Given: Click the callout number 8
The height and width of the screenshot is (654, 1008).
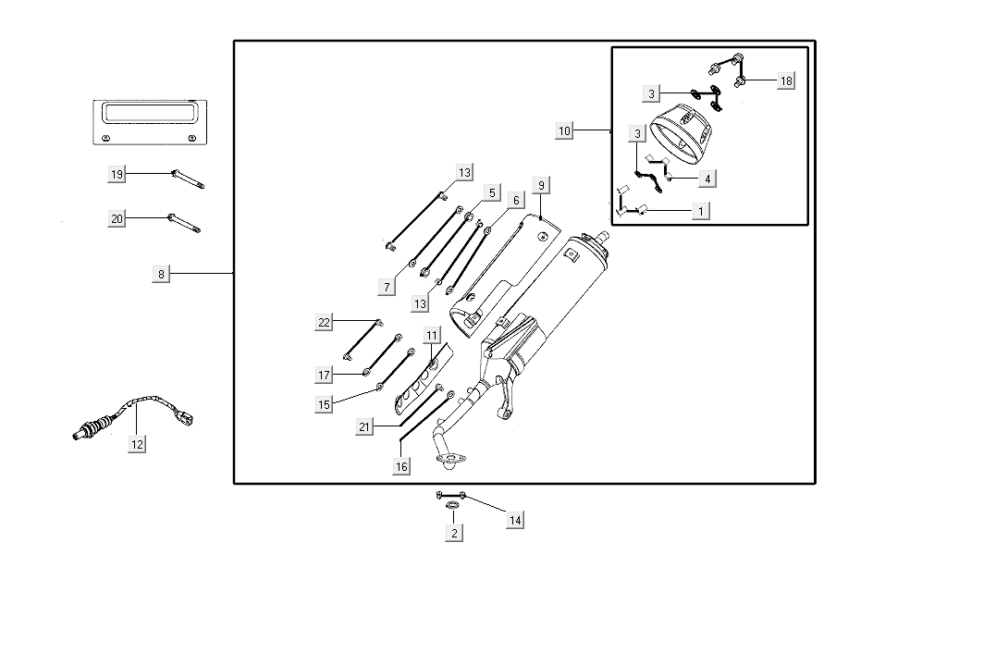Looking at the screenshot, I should (161, 274).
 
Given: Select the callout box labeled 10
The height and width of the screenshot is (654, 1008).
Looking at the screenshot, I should (565, 131).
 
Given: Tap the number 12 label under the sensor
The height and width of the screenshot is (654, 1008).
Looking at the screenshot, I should (137, 444).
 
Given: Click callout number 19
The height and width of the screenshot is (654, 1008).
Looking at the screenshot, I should (117, 174).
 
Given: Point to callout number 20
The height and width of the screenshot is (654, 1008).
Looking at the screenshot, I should (117, 219).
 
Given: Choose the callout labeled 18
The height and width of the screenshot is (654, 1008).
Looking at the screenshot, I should (786, 80).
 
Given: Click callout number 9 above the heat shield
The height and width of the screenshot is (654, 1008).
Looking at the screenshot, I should (542, 186).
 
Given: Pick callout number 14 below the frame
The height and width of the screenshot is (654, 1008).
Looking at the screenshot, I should (515, 521).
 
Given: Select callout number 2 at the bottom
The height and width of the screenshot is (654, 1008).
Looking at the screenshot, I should (453, 533).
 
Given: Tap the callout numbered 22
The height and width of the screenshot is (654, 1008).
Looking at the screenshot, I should (324, 322).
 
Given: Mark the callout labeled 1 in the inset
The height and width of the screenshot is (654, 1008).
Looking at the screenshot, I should (701, 211).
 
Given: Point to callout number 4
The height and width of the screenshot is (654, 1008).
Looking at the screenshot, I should (707, 178).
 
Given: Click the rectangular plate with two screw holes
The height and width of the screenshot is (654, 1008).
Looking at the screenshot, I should (148, 122).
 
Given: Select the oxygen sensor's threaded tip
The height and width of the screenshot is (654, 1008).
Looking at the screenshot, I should (80, 431).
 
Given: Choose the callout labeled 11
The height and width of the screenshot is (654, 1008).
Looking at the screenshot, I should (433, 335).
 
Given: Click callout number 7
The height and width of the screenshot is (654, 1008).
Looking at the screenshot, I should (387, 287).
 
